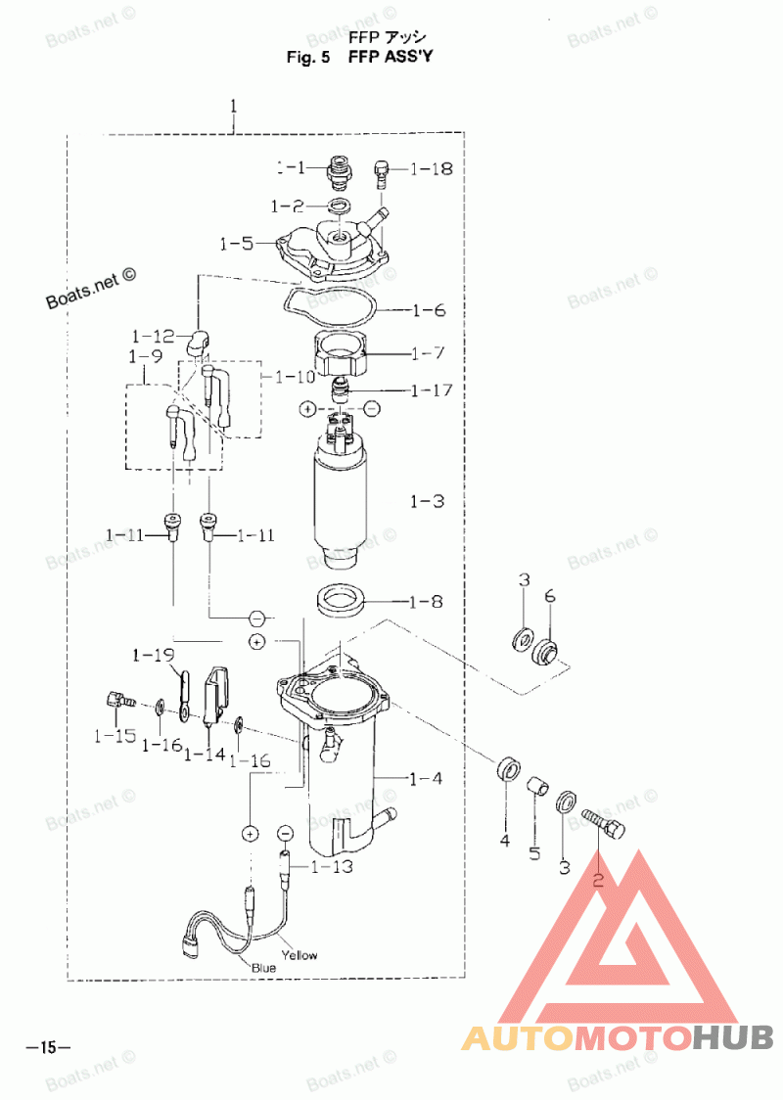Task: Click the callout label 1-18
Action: [432, 168]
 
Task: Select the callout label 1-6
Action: [429, 311]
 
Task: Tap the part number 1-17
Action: [432, 390]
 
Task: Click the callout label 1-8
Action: [425, 601]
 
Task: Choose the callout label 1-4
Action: [425, 779]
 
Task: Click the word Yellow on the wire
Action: [299, 954]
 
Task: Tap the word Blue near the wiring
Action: [263, 967]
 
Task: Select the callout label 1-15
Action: [114, 734]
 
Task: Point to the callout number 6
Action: [549, 596]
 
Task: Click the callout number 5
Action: [534, 853]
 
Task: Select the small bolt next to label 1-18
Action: [382, 175]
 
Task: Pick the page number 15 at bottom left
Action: [48, 1048]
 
